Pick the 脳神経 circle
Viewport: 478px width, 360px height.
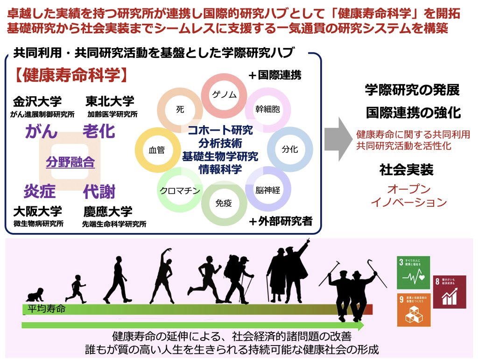click(267, 190)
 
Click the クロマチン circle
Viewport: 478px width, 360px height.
click(180, 190)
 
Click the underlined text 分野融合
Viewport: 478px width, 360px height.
click(70, 162)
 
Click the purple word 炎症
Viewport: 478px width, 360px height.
click(40, 191)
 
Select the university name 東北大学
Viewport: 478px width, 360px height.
click(110, 101)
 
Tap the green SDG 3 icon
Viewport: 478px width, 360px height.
click(413, 272)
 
